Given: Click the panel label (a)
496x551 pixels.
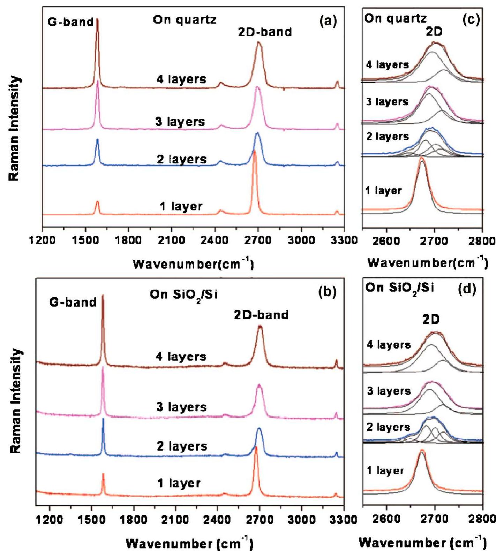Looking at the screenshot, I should [328, 22].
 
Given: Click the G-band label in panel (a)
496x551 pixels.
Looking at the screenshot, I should [71, 22].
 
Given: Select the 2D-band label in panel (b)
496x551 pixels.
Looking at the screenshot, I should [261, 315].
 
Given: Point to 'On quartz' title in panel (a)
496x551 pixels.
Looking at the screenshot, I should [185, 20].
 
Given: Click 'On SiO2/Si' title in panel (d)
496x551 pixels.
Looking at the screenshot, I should [399, 288].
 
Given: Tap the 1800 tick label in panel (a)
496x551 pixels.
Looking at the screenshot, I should [128, 240].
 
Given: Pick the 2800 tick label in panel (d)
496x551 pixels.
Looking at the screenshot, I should [483, 519].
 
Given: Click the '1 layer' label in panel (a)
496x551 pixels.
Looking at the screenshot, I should [181, 206].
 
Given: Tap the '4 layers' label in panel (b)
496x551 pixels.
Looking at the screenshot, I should [181, 357].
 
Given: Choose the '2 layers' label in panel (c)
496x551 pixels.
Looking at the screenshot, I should [388, 136].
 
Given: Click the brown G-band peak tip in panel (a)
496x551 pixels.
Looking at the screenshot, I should [97, 20].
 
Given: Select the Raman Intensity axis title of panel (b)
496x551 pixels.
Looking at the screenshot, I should [15, 401].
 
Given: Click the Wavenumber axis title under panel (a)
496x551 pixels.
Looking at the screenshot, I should [193, 264].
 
